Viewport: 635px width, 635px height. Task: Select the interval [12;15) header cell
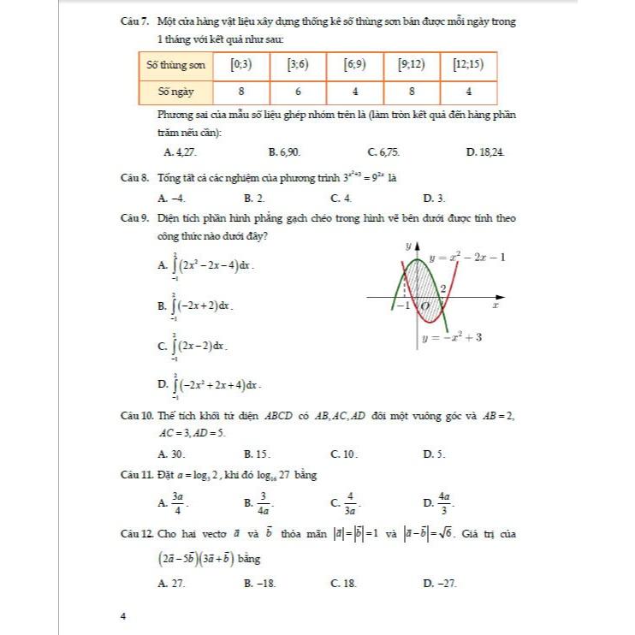coord(469,64)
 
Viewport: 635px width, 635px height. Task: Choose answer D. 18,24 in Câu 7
coord(485,152)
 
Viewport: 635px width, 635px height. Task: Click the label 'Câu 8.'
coord(136,179)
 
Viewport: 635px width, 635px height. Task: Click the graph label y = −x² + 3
coord(453,337)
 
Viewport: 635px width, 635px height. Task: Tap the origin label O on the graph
coord(425,306)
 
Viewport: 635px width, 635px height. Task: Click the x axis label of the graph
coord(496,305)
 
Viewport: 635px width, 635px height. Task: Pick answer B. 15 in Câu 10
coord(257,453)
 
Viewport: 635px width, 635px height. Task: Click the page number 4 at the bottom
coord(124,615)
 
